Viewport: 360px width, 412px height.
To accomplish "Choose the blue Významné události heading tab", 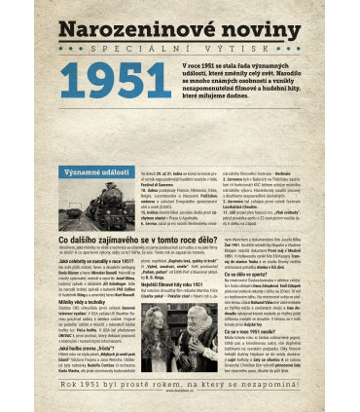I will tap(94, 144).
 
